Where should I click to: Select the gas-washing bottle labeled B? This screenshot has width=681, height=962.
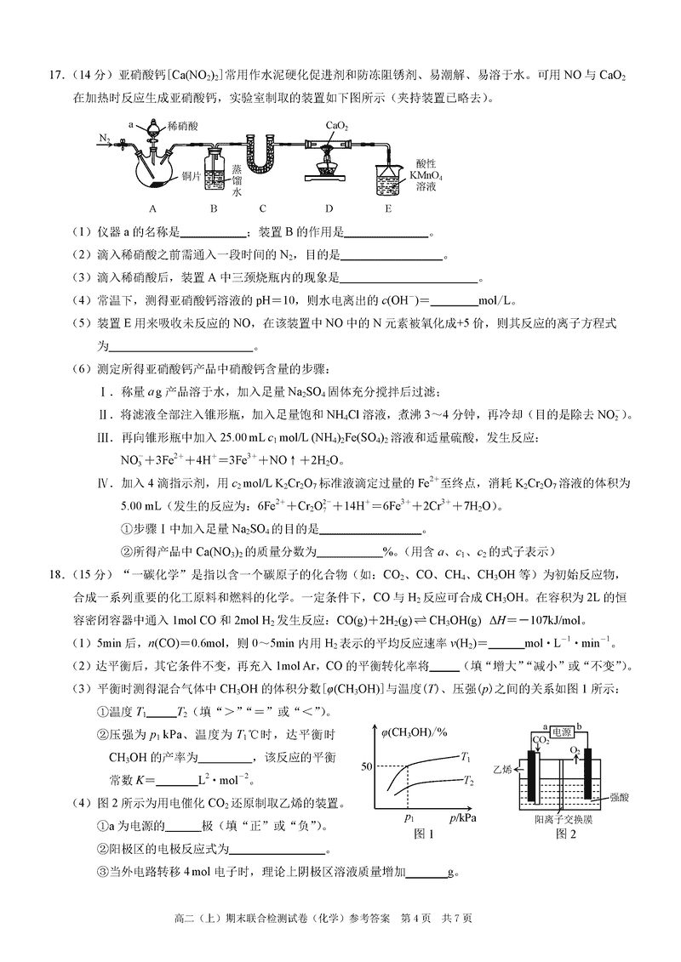[215, 171]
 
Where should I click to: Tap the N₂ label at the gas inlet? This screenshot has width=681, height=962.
[105, 138]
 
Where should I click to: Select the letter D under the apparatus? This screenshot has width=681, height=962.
[328, 208]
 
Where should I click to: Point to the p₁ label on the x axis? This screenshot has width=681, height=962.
[408, 817]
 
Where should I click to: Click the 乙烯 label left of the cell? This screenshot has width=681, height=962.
[502, 769]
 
